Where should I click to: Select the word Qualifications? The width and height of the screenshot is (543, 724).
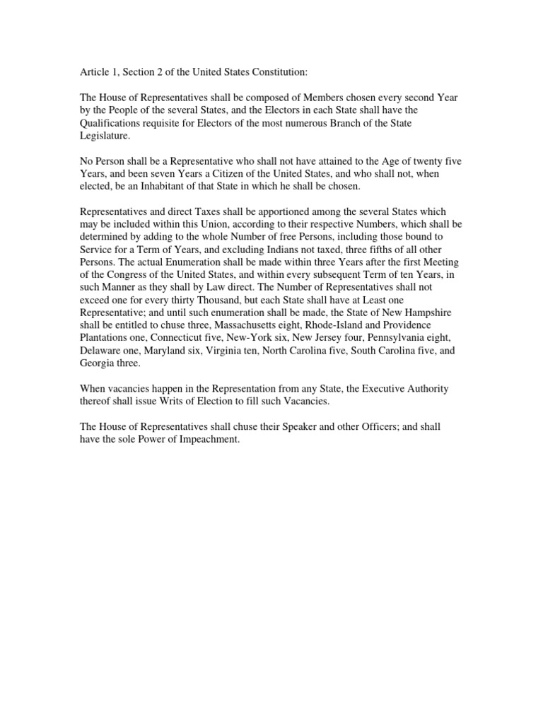point(112,123)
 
